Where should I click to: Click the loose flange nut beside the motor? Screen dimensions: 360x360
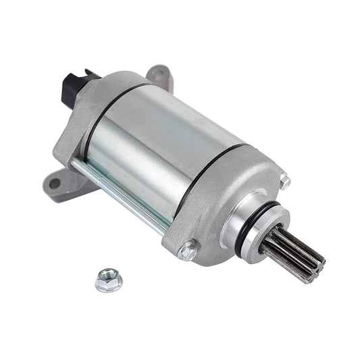coord(107,280)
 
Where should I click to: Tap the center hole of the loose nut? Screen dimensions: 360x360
coord(107,277)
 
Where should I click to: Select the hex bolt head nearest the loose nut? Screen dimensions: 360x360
coord(188,252)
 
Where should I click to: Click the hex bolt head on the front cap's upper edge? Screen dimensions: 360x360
coord(284,180)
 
